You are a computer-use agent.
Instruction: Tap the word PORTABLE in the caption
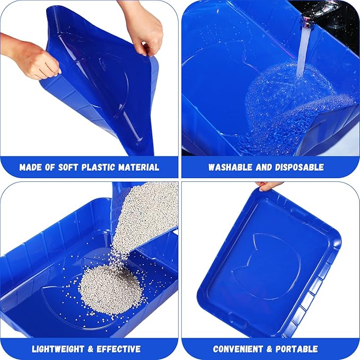click(298, 349)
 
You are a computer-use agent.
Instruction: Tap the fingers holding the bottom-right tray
click(269, 186)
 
